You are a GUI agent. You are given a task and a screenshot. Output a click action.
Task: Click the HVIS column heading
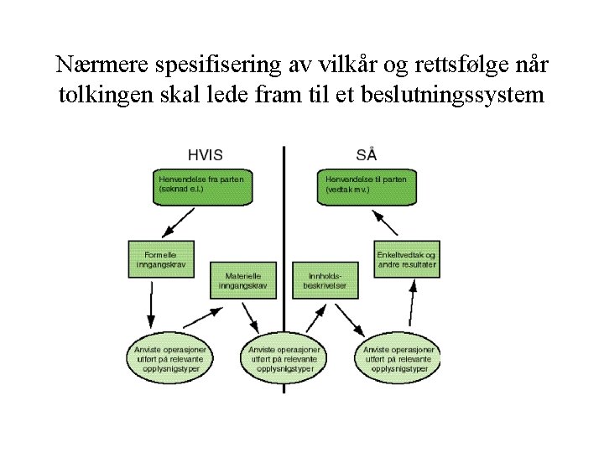206,154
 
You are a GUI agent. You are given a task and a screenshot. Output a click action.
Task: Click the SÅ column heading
366,154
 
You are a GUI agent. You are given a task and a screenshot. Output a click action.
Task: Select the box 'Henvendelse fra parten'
205,187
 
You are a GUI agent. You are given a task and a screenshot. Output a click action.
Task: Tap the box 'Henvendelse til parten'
366,187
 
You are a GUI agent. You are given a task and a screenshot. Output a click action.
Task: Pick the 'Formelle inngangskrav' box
160,258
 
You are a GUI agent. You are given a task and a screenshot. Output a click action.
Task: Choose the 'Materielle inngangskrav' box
243,280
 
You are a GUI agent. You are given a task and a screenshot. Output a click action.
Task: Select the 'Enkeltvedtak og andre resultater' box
406,258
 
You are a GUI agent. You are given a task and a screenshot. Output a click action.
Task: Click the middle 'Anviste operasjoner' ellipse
284,359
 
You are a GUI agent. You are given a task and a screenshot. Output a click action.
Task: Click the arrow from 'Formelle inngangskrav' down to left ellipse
151,302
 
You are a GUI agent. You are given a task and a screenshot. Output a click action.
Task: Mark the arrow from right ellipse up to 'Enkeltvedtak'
410,306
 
